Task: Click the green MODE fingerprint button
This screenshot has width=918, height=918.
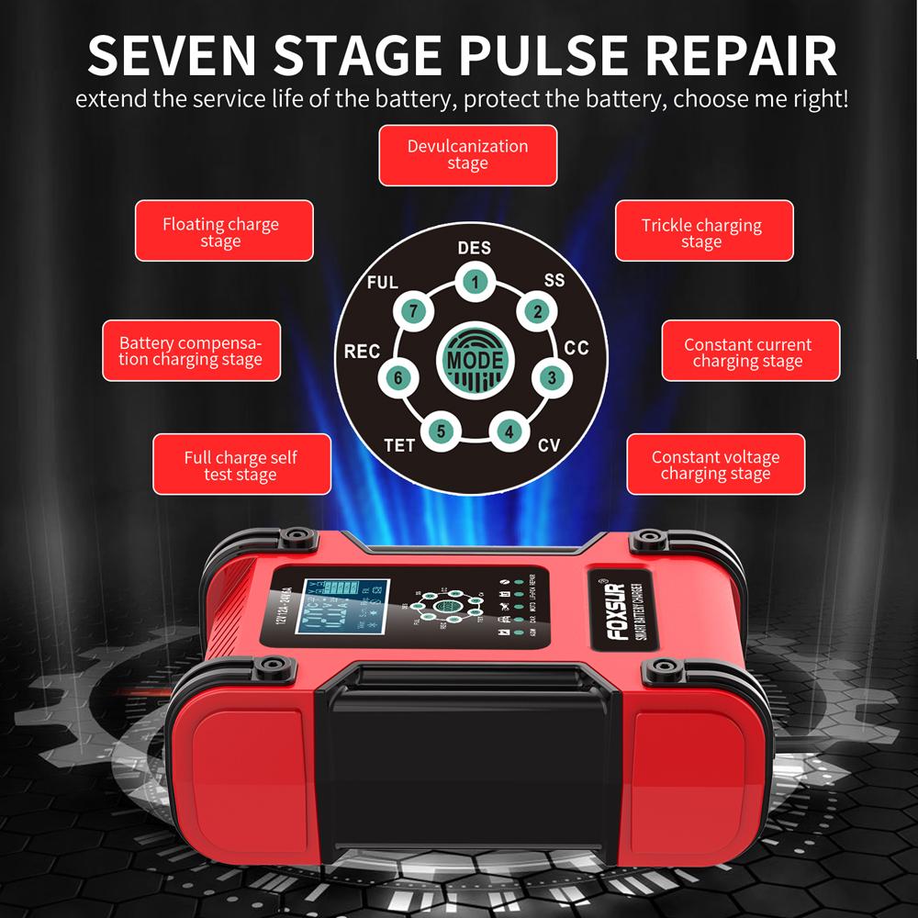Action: pos(475,358)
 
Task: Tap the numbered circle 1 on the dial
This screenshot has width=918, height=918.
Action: pos(474,282)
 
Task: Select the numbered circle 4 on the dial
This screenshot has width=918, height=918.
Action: pos(509,430)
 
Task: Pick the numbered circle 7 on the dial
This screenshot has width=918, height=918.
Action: pos(413,312)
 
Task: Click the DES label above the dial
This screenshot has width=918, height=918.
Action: pos(474,248)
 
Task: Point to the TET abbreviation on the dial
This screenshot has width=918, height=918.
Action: pos(399,446)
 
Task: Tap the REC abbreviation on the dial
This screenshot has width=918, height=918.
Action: pos(362,352)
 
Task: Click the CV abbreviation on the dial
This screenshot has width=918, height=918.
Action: pos(549,446)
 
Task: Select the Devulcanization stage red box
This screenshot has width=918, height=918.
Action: pos(467,155)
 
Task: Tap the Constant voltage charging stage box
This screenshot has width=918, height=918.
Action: pos(715,465)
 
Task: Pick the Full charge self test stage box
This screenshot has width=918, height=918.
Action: pos(241,465)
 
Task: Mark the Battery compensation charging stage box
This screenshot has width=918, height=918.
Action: pos(190,351)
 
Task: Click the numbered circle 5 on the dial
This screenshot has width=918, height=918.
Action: pos(441,430)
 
